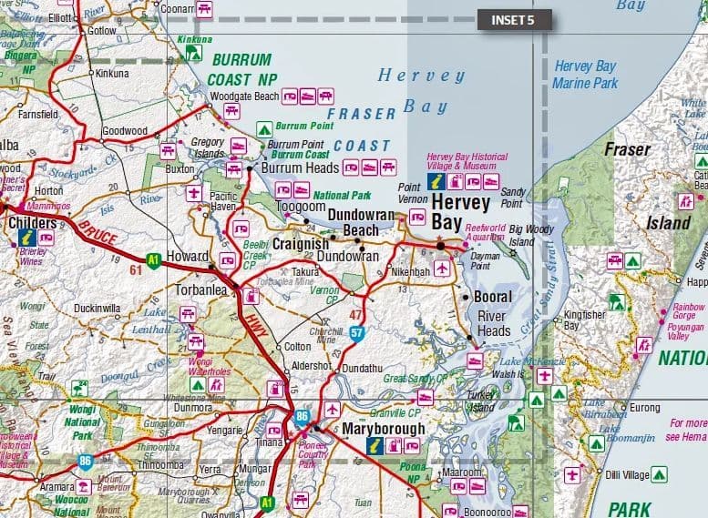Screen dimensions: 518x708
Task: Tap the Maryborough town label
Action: [x=384, y=428]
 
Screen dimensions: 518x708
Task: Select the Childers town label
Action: [x=32, y=222]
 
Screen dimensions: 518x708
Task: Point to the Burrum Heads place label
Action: [x=300, y=168]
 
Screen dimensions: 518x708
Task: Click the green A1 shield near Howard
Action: [x=153, y=258]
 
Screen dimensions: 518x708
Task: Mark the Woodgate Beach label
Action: [x=243, y=96]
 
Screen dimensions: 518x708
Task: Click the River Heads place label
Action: [x=494, y=323]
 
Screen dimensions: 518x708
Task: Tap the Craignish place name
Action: [x=300, y=246]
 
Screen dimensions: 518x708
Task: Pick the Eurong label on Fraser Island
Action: [x=644, y=407]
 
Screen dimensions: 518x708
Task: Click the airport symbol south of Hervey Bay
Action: [x=442, y=268]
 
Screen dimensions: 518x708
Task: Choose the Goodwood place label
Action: [x=125, y=131]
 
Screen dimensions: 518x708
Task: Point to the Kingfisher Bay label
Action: [x=584, y=320]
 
